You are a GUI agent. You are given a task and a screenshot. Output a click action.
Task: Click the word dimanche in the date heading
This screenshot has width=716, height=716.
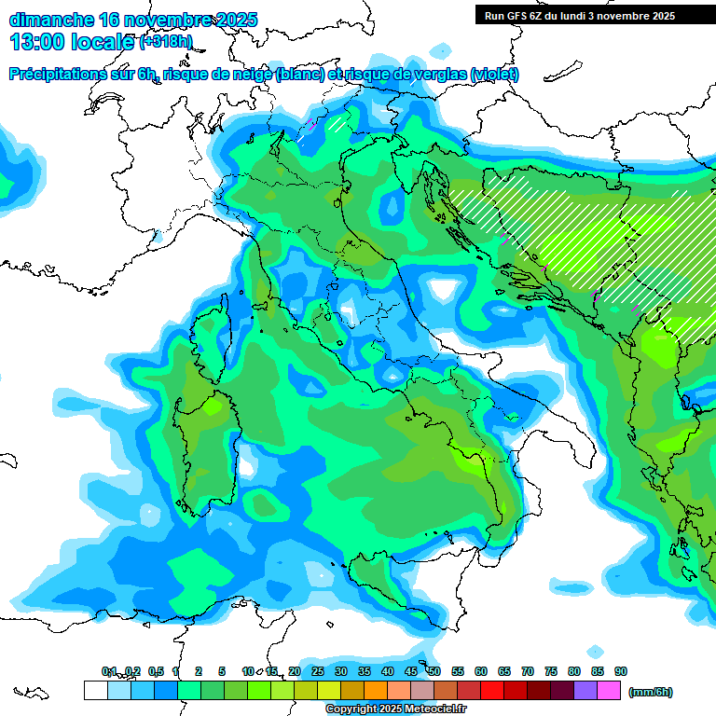click(x=51, y=20)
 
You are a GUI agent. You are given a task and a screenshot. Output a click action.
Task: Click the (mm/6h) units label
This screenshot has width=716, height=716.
click(x=650, y=692)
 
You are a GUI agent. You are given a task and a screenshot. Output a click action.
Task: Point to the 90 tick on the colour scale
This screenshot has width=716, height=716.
click(x=621, y=671)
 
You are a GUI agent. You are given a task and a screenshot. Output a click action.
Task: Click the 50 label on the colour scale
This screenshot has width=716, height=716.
click(x=434, y=671)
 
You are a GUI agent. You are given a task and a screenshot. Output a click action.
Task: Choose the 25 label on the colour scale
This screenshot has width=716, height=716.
click(x=318, y=671)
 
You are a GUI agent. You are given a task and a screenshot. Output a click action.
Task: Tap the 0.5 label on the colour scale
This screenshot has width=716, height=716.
click(x=155, y=671)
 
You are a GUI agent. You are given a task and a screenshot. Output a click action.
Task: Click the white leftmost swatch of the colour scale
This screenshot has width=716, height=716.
click(x=95, y=691)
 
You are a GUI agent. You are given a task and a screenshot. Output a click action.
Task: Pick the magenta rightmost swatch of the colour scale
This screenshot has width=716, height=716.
click(x=609, y=691)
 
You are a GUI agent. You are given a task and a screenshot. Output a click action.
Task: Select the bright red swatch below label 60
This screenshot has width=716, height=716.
click(x=492, y=691)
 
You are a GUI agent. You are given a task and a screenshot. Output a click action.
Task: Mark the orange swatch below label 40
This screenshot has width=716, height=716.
click(x=376, y=691)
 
